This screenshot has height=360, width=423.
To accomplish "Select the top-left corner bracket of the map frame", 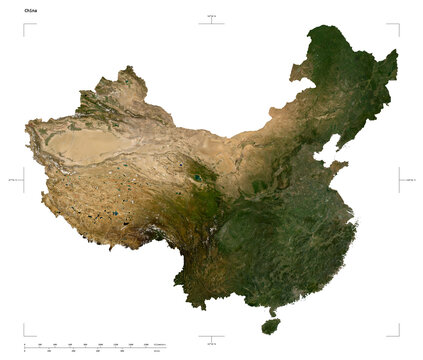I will pos(26,26).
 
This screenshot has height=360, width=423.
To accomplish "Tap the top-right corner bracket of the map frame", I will pos(396,26).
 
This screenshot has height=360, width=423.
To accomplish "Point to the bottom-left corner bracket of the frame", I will pos(26,333).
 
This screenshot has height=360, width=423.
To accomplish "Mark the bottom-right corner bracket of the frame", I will pos(396,333).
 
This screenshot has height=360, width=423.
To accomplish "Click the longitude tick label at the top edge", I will pos(211,16).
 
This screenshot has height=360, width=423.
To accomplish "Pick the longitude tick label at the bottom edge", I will pos(211,344).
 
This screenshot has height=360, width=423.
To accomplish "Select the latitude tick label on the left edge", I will pos(13,180).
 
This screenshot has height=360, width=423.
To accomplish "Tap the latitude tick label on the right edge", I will pos(410,180).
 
